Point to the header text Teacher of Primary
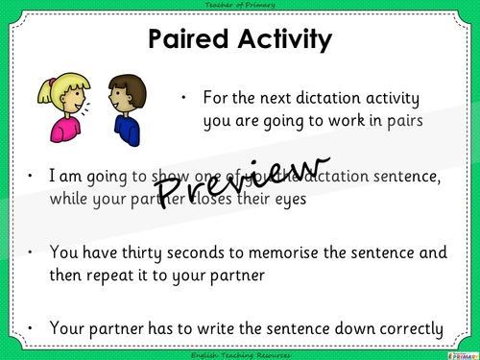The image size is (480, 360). click(240, 6)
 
